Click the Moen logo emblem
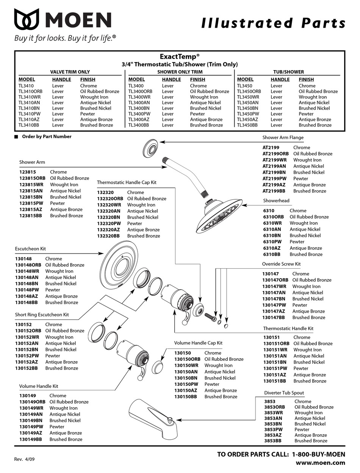(29, 20)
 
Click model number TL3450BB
(247, 125)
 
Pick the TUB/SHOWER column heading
(288, 72)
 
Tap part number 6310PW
(272, 242)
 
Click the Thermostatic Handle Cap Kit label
(127, 182)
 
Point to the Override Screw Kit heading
(281, 264)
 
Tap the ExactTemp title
(179, 56)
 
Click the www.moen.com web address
(320, 462)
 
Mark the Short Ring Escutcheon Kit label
(42, 315)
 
